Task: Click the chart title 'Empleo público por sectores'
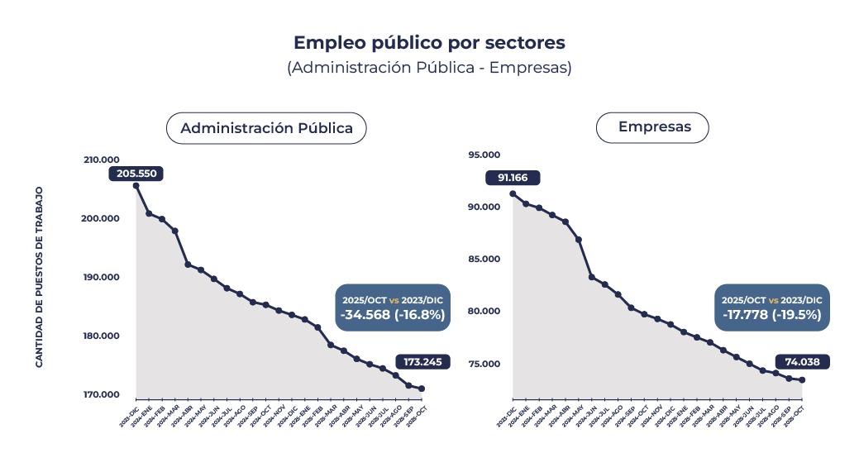(x=429, y=42)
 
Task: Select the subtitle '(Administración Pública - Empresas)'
(x=429, y=68)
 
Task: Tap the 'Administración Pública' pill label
(x=266, y=128)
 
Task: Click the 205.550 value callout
(x=136, y=174)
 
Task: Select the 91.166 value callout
(x=513, y=177)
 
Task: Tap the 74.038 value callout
(x=802, y=361)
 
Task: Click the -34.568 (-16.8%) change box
(x=392, y=308)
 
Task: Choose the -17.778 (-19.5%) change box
(x=771, y=308)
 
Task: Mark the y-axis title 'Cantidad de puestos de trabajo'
(x=39, y=277)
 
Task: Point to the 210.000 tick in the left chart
(x=102, y=160)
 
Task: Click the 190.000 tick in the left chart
(x=102, y=277)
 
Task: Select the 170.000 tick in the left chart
(x=102, y=394)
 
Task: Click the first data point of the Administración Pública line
(x=136, y=186)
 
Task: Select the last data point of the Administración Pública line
(x=422, y=389)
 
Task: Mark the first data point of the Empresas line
(x=513, y=193)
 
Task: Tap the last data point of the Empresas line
(x=802, y=380)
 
